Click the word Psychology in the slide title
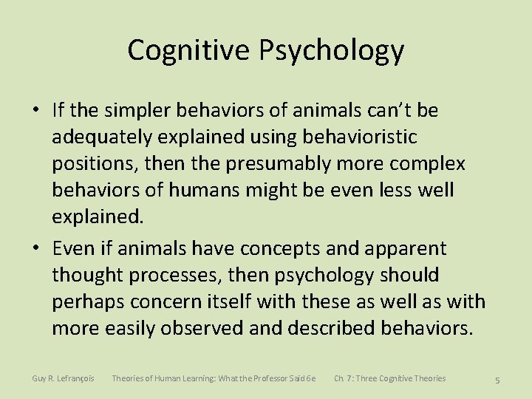(331, 51)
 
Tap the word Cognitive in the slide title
(189, 50)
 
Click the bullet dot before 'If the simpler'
(35, 111)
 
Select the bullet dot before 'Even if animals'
(35, 249)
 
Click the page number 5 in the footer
(497, 380)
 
